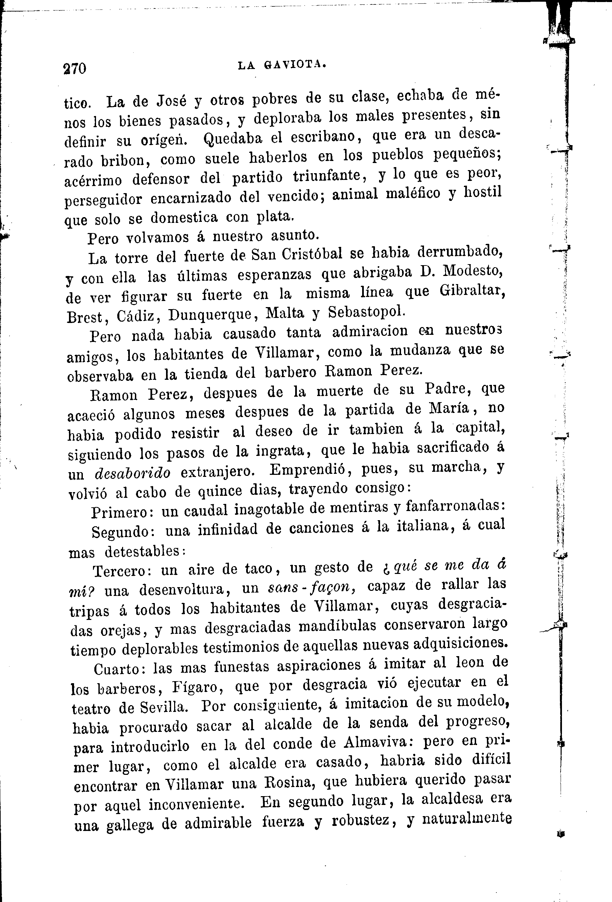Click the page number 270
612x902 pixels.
coord(74,69)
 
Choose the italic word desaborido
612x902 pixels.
coord(132,473)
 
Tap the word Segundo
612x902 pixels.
coord(123,532)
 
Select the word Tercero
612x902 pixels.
coord(124,571)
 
